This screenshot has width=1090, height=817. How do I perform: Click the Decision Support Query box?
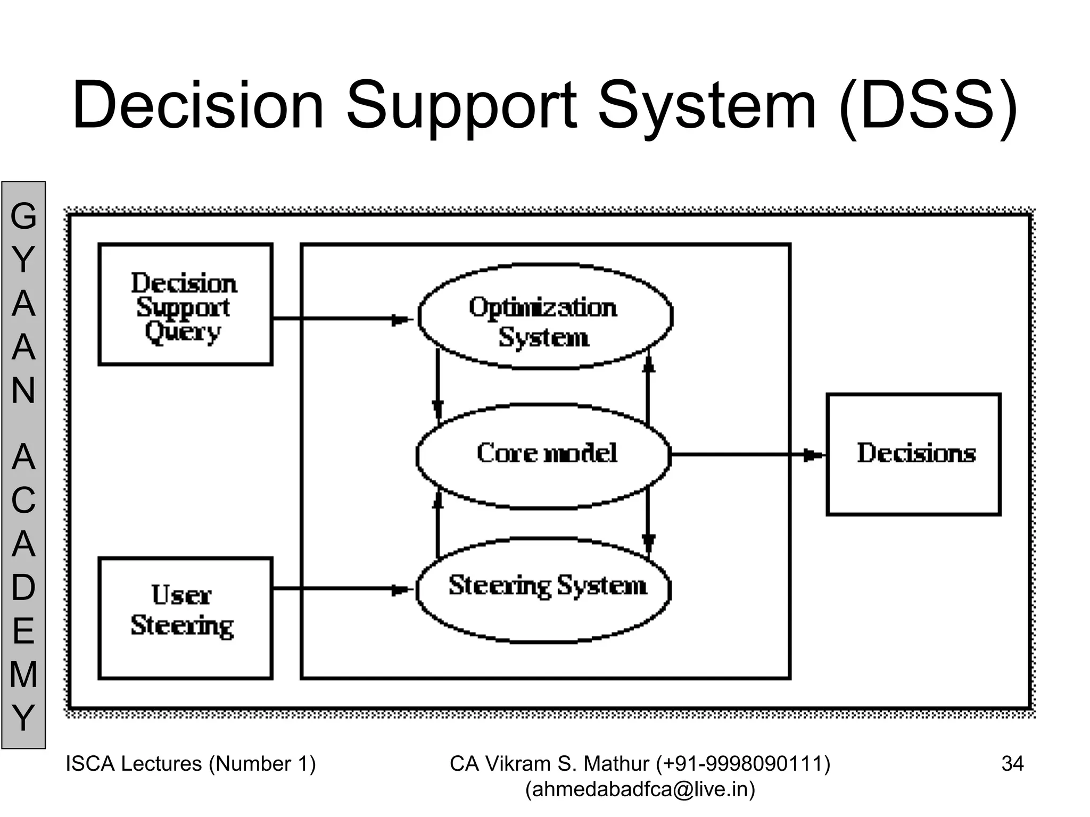pyautogui.click(x=185, y=304)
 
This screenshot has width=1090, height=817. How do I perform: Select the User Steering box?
pyautogui.click(x=185, y=618)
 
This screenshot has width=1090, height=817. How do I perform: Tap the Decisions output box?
pyautogui.click(x=913, y=454)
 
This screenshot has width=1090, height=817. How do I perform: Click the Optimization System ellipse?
pyautogui.click(x=544, y=316)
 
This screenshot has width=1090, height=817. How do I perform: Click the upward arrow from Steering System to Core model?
pyautogui.click(x=437, y=524)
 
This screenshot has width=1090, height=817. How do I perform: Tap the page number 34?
pyautogui.click(x=1012, y=764)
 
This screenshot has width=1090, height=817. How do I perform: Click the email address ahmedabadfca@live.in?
pyautogui.click(x=640, y=789)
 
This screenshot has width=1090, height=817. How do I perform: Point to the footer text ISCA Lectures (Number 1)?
pyautogui.click(x=191, y=764)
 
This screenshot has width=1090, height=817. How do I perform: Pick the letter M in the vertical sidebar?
pyautogui.click(x=23, y=674)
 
